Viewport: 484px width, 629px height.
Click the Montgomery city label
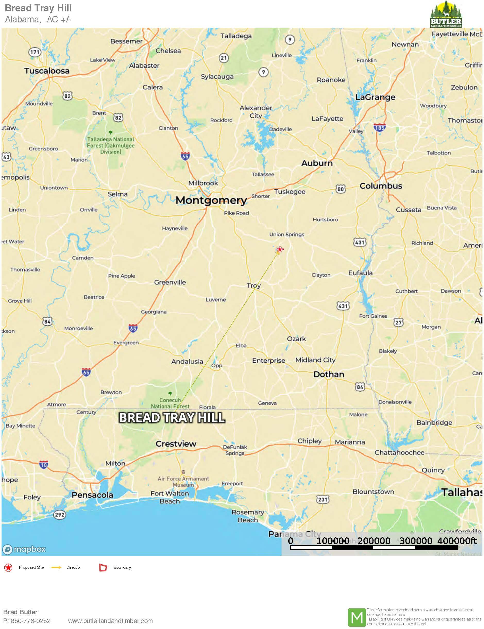(211, 200)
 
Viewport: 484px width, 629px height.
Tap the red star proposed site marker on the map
(279, 249)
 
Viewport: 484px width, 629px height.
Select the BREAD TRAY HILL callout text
(172, 418)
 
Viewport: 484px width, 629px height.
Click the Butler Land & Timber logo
(446, 14)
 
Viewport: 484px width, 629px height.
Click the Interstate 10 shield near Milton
(44, 464)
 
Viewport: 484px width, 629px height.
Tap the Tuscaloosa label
(47, 71)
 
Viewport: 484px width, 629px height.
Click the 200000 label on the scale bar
(374, 541)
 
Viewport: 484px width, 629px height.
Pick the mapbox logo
(24, 549)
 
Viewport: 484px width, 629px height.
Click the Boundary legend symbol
(103, 567)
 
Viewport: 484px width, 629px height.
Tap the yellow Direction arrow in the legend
(56, 567)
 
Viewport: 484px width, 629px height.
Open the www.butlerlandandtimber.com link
(110, 621)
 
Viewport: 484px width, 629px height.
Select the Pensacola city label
(92, 495)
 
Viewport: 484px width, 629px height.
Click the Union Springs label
(286, 234)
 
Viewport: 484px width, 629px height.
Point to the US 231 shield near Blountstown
(322, 499)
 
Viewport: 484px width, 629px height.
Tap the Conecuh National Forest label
(170, 403)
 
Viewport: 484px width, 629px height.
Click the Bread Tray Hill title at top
(38, 8)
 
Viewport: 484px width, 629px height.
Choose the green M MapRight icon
(357, 617)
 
